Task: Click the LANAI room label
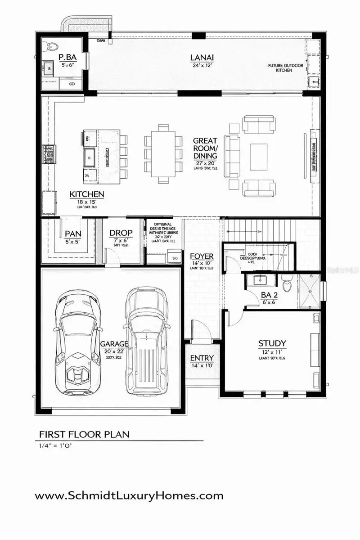[201, 57]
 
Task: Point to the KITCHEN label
[87, 194]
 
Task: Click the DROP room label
[121, 233]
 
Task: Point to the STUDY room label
[272, 344]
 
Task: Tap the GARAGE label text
[114, 344]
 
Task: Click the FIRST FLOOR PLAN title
[84, 434]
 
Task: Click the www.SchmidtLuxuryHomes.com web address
[129, 496]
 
